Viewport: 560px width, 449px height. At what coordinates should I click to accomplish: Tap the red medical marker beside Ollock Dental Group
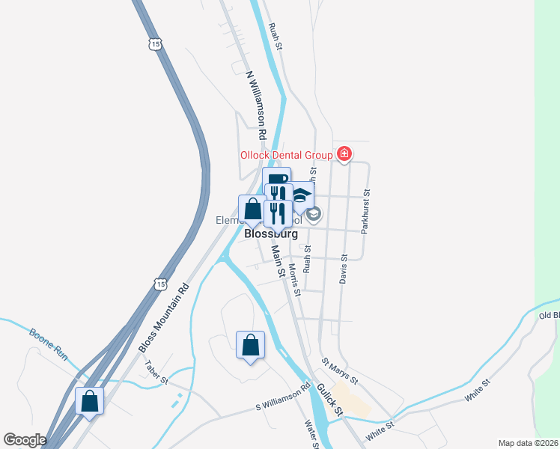point(344,154)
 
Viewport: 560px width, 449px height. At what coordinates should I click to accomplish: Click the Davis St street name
point(344,267)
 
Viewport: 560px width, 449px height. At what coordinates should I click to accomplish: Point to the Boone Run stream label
point(49,343)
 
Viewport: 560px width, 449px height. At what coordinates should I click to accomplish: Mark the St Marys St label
point(340,371)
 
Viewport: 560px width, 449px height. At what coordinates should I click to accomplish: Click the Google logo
point(25,440)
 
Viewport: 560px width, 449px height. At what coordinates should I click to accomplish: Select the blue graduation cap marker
point(301,196)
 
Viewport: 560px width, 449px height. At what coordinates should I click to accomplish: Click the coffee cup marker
point(276,180)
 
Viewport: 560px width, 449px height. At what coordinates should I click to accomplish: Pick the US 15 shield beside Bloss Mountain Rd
point(158,284)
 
